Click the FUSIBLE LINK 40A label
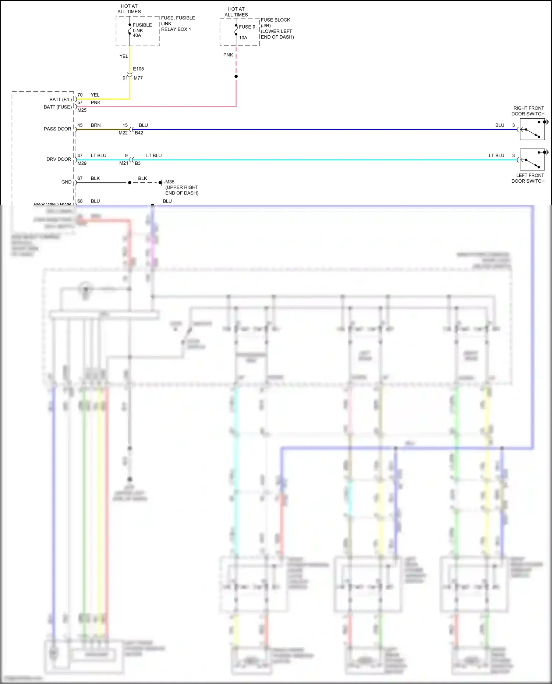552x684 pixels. tap(142, 31)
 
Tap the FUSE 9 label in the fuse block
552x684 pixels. tap(247, 27)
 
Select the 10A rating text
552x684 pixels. tap(243, 38)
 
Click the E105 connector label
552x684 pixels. tap(138, 69)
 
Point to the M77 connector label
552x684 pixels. tap(138, 78)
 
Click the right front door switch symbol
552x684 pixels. tap(532, 129)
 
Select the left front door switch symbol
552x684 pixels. tap(532, 160)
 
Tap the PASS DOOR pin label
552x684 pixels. tap(57, 129)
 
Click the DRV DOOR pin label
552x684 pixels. tap(59, 160)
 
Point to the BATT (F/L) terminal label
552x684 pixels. tap(61, 100)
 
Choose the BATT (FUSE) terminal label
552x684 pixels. tap(58, 107)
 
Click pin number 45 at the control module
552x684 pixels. tap(80, 125)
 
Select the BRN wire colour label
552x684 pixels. tap(96, 125)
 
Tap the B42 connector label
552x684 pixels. tap(139, 133)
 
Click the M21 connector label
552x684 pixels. tap(124, 163)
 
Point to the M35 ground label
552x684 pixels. tap(170, 182)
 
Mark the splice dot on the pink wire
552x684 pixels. tap(236, 76)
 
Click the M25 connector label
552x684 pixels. tap(82, 110)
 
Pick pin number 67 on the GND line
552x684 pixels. tap(80, 179)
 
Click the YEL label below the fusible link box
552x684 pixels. tap(124, 57)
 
